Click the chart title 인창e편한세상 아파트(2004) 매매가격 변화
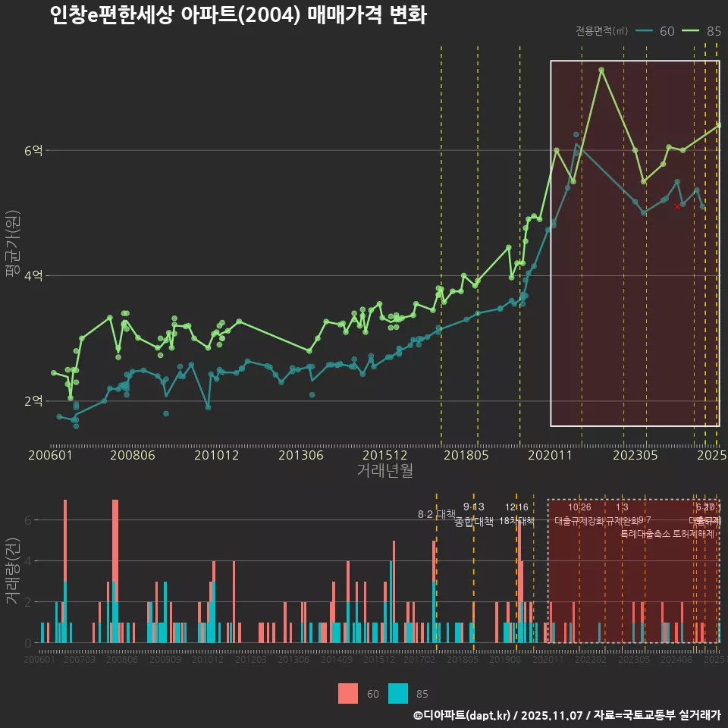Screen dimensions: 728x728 (x=237, y=15)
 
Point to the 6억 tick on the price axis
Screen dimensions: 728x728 (x=34, y=151)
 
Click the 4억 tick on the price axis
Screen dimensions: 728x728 (x=34, y=276)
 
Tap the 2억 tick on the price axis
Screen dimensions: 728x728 (x=34, y=401)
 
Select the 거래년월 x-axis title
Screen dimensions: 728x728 (x=384, y=471)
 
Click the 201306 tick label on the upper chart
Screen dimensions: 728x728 (x=301, y=456)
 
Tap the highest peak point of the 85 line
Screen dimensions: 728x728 (x=601, y=70)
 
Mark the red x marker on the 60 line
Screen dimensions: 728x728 (x=677, y=206)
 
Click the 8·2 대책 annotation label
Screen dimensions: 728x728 (x=436, y=513)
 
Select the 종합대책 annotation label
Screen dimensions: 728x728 (x=473, y=522)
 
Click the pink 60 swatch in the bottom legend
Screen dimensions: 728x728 (x=348, y=693)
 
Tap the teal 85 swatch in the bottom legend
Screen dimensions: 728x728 (x=398, y=693)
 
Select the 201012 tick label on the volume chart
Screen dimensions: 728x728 (x=208, y=661)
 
